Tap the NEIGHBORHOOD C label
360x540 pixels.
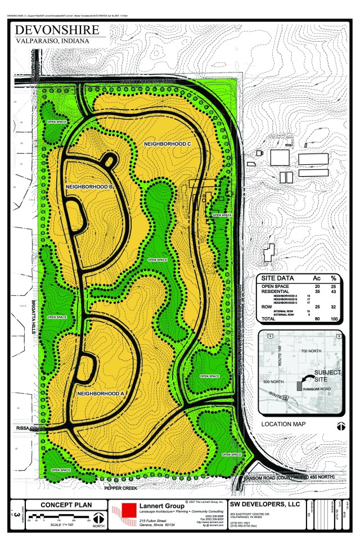coord(168,144)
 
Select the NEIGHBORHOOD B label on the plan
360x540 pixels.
coord(90,186)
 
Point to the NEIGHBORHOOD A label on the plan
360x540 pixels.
coord(100,393)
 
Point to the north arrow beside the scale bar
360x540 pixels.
coord(99,517)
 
